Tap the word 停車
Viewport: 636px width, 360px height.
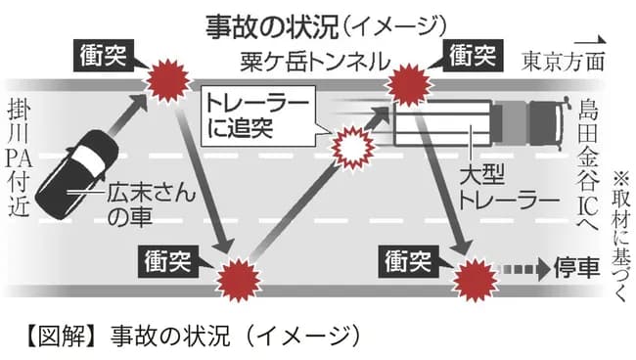[x=576, y=268]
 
